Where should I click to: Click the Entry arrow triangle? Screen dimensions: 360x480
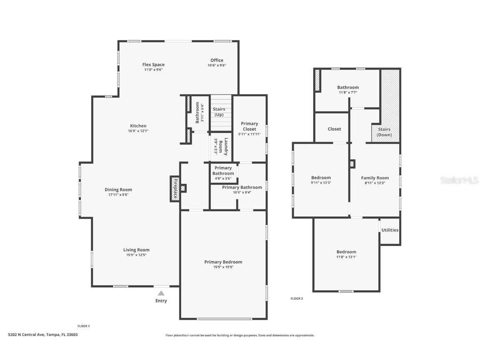pos(161,293)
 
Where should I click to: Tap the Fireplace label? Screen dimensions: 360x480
pos(175,189)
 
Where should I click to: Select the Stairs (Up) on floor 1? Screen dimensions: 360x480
pos(219,112)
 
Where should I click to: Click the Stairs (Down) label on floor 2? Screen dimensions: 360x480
pos(385,132)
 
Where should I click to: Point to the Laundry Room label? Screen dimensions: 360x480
pos(226,146)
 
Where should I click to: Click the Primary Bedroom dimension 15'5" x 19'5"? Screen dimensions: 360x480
pos(223,267)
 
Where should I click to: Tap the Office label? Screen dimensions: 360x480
pos(217,60)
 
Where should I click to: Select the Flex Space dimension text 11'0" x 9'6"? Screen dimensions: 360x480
pos(153,70)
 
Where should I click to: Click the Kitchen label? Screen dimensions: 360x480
pos(138,126)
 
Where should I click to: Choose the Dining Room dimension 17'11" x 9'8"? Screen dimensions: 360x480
pos(118,195)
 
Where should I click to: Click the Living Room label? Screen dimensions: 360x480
pos(136,250)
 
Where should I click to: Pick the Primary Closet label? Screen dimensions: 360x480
pos(249,126)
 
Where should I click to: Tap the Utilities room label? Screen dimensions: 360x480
pos(390,230)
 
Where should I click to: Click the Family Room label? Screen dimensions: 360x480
pos(375,178)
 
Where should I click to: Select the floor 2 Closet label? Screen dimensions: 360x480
pos(334,129)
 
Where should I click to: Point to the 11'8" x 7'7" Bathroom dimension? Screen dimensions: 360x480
pos(347,92)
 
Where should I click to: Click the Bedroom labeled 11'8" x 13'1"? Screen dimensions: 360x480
pos(346,252)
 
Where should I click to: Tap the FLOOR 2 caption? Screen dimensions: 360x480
pos(297,298)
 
